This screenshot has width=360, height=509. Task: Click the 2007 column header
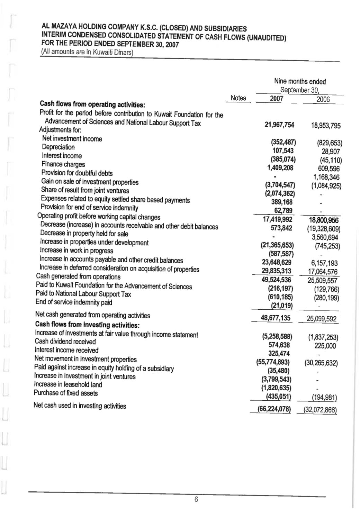point(277,99)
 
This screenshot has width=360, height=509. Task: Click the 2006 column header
point(323,100)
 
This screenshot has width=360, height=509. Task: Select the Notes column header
point(238,98)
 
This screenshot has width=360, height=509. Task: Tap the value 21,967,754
point(279,125)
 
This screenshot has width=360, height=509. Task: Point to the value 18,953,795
point(325,126)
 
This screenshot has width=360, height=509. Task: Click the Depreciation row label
point(58,147)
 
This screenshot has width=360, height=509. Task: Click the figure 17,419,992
point(277,219)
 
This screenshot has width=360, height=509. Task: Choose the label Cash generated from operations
point(78,276)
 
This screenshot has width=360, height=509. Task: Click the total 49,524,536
point(276,280)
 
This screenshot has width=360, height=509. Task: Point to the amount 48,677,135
point(276,318)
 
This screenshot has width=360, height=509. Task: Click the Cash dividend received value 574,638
point(279,345)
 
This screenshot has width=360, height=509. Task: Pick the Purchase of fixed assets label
point(66,393)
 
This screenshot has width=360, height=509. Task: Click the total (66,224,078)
point(274,410)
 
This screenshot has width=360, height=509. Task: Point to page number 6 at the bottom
point(196,499)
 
